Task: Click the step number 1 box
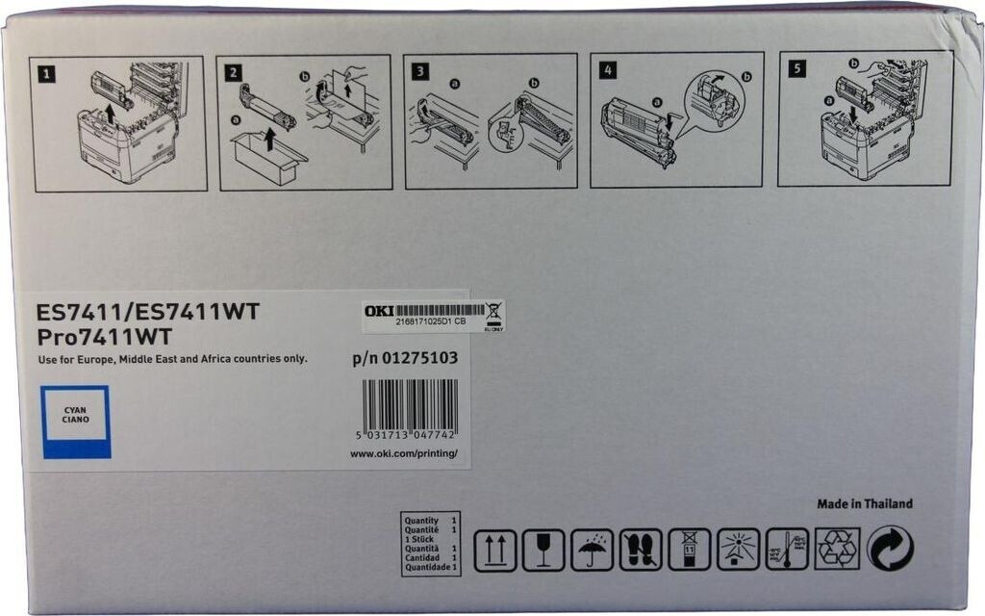(45, 70)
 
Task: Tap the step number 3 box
(420, 70)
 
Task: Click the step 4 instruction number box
(606, 69)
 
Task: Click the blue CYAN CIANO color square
(76, 422)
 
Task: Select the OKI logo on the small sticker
(378, 311)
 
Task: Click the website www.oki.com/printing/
(403, 453)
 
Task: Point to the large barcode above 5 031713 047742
(410, 403)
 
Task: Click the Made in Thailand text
(864, 503)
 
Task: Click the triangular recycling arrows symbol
(837, 549)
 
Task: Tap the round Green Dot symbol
(890, 549)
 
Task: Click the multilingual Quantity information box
(431, 544)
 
